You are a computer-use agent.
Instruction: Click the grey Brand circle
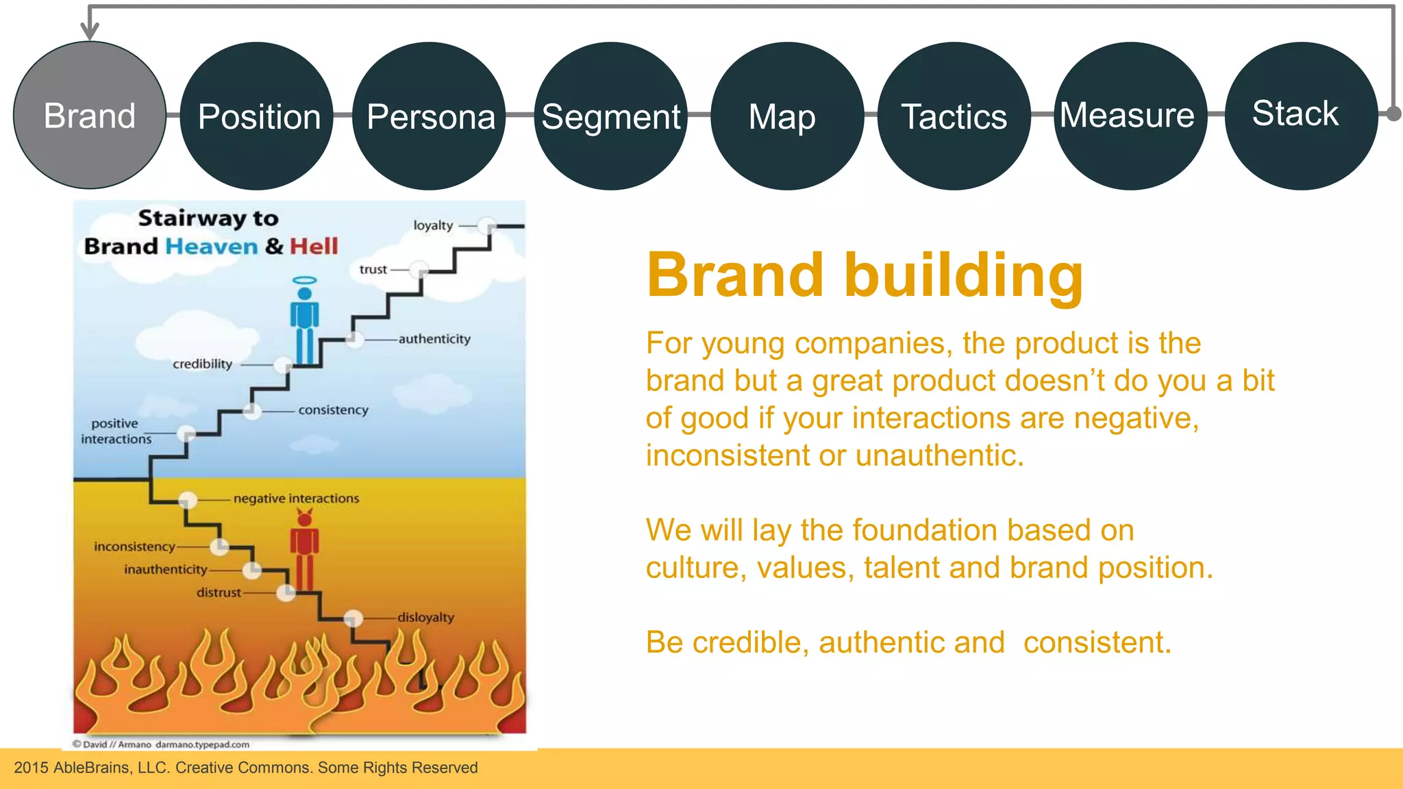pyautogui.click(x=90, y=115)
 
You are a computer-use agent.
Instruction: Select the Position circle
pyautogui.click(x=257, y=116)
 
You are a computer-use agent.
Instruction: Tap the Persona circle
pyautogui.click(x=430, y=116)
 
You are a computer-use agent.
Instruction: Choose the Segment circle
pyautogui.click(x=610, y=116)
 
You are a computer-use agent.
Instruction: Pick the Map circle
pyautogui.click(x=786, y=116)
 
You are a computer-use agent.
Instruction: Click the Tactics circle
pyautogui.click(x=954, y=116)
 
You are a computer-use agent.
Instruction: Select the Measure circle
pyautogui.click(x=1129, y=116)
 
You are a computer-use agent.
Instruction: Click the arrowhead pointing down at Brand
pyautogui.click(x=90, y=30)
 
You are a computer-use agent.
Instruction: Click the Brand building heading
pyautogui.click(x=865, y=275)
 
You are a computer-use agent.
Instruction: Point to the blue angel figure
pyautogui.click(x=305, y=322)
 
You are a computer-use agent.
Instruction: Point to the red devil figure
pyautogui.click(x=305, y=551)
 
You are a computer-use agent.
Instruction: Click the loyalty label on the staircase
pyautogui.click(x=433, y=225)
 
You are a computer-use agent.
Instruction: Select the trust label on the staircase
pyautogui.click(x=373, y=270)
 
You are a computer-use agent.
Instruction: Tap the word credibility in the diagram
pyautogui.click(x=202, y=364)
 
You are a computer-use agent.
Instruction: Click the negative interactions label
pyautogui.click(x=296, y=499)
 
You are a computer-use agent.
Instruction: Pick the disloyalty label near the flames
pyautogui.click(x=425, y=617)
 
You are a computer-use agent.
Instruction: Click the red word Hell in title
pyautogui.click(x=314, y=246)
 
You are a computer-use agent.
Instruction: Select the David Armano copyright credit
pyautogui.click(x=162, y=744)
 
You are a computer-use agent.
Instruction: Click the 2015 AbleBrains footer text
pyautogui.click(x=245, y=768)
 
